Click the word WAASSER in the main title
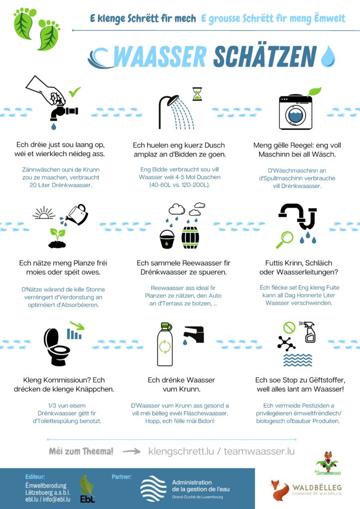coord(160,57)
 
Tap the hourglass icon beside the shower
coord(197,94)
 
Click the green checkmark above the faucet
coord(75,92)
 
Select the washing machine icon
coord(295,112)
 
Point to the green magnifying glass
coord(284,240)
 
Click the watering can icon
coord(77,215)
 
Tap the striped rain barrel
coord(190,238)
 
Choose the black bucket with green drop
coord(167,239)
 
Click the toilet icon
coord(57,346)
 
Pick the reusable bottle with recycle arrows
coord(165,344)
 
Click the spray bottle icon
coord(309,332)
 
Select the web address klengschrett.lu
coord(181,451)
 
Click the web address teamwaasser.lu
coord(259,451)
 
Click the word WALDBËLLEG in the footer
coord(317,487)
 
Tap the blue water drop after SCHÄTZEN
coord(328,56)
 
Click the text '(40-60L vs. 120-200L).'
coord(180,185)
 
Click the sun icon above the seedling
coord(44,213)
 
